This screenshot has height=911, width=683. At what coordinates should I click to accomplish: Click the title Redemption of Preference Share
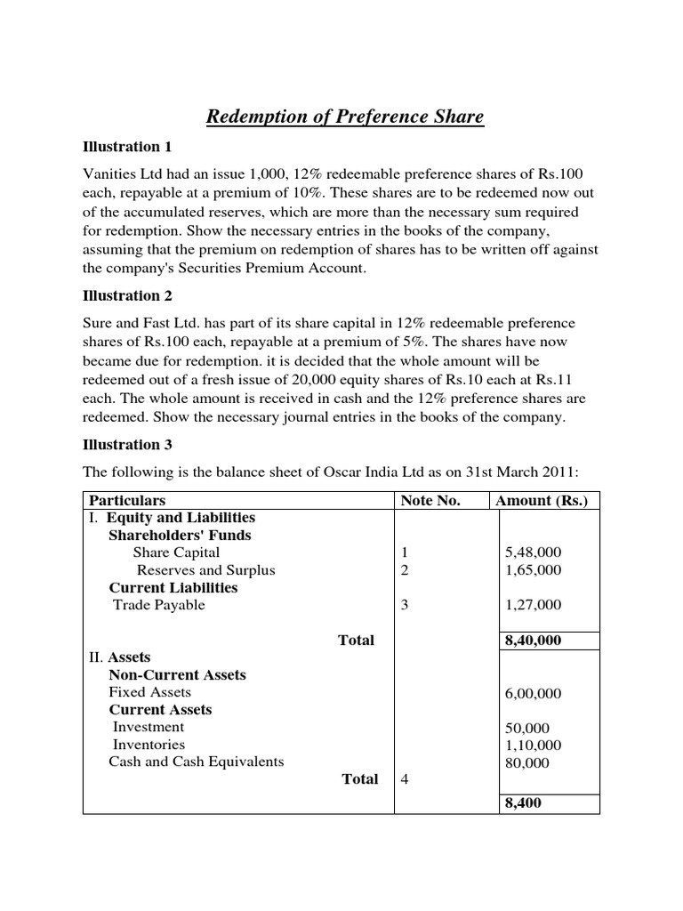(345, 117)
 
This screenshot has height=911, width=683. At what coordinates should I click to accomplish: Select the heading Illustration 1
(126, 147)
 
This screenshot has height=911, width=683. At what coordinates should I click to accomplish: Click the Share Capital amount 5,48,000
(533, 552)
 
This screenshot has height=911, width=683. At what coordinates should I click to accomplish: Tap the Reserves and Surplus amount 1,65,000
(533, 570)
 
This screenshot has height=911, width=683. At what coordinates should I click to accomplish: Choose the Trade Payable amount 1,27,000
(533, 605)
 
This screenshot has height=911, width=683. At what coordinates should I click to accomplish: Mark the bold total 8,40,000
(533, 641)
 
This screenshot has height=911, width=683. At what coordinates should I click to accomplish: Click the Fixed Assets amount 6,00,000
(533, 693)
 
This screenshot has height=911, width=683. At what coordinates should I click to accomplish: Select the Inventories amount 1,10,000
(533, 745)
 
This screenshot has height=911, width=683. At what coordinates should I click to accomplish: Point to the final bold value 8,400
(523, 802)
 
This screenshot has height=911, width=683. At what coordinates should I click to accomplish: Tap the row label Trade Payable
(159, 605)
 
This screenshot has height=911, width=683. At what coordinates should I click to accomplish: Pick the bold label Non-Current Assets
(177, 675)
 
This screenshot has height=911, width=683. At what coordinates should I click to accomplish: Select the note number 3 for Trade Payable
(405, 605)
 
